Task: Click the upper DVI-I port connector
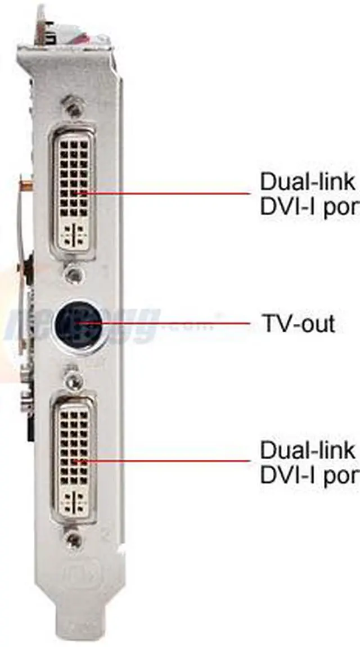tap(74, 188)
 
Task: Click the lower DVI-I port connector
tap(74, 455)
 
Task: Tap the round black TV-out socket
tap(78, 324)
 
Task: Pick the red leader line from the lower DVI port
tap(169, 462)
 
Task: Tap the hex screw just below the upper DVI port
tap(72, 274)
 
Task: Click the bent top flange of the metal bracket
tap(67, 53)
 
